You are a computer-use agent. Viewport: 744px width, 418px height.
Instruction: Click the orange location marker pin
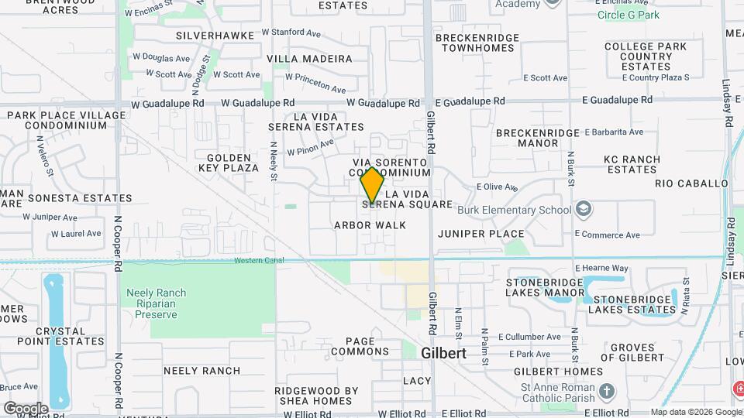(373, 185)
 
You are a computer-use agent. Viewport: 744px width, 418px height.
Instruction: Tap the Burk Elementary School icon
(583, 210)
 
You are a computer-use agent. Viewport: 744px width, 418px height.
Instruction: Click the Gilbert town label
(444, 352)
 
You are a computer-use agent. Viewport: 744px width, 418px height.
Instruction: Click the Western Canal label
(254, 260)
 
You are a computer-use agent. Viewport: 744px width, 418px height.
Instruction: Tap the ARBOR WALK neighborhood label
(370, 225)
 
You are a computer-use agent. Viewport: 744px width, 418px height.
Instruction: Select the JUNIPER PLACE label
(480, 234)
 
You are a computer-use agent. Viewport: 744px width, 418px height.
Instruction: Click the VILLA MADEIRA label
(309, 59)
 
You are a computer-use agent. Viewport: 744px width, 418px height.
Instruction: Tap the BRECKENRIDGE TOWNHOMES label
(475, 43)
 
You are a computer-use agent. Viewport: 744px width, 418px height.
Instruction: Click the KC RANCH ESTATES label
(632, 165)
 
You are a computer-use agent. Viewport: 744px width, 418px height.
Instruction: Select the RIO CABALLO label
(691, 184)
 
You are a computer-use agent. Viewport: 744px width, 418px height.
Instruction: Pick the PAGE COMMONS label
(360, 346)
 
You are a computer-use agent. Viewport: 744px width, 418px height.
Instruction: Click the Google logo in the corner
(26, 408)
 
